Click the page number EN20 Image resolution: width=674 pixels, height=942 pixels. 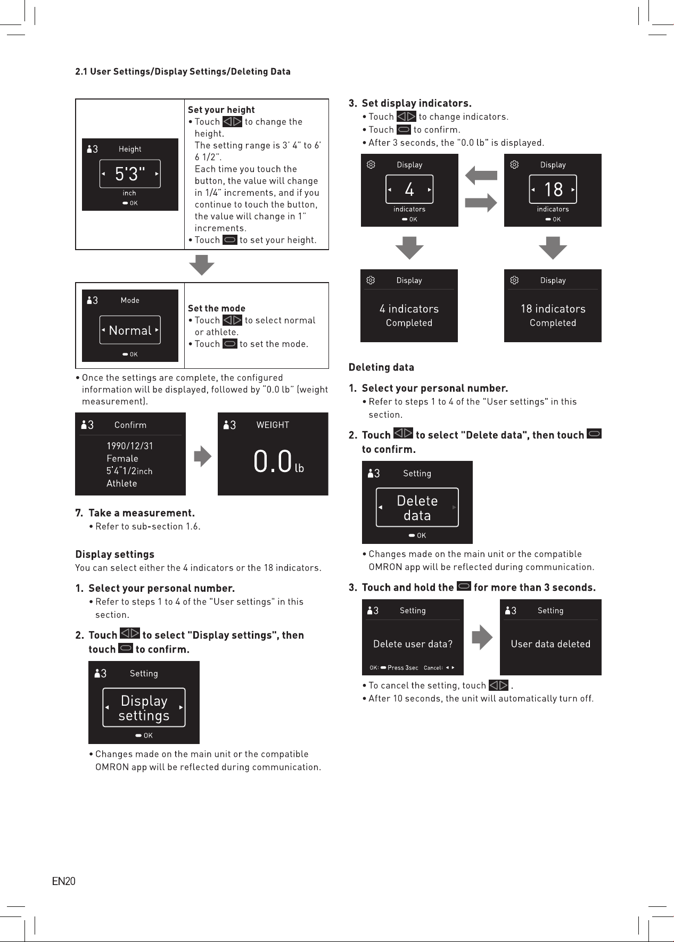tap(63, 881)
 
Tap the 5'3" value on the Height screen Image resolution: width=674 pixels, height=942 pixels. tap(130, 173)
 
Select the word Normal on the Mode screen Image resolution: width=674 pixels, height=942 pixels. tap(130, 330)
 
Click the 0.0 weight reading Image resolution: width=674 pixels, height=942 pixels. tap(273, 461)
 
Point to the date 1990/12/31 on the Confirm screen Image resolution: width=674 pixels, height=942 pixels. tap(130, 446)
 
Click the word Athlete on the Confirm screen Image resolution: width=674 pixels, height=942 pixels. tap(121, 483)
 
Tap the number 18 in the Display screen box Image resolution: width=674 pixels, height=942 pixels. tap(553, 189)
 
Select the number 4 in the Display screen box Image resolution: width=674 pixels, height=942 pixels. tap(409, 189)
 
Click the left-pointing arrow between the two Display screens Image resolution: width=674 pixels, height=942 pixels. tap(481, 175)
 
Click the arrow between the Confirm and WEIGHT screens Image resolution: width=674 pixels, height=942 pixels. tap(202, 456)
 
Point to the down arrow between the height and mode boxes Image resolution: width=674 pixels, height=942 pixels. tap(202, 265)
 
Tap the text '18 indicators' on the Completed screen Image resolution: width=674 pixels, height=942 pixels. tap(553, 309)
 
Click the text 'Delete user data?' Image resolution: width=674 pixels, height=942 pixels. tap(413, 644)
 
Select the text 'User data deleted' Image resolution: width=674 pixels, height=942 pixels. tap(550, 644)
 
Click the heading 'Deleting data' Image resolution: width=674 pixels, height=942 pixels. tap(381, 367)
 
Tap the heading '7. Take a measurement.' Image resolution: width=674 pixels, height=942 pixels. tap(135, 513)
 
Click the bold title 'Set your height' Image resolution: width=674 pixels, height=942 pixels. tap(221, 110)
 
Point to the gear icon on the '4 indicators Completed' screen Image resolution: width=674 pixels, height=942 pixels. tap(371, 280)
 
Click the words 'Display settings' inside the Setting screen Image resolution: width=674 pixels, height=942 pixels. tap(144, 708)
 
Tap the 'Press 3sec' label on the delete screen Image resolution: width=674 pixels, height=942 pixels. tap(402, 667)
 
